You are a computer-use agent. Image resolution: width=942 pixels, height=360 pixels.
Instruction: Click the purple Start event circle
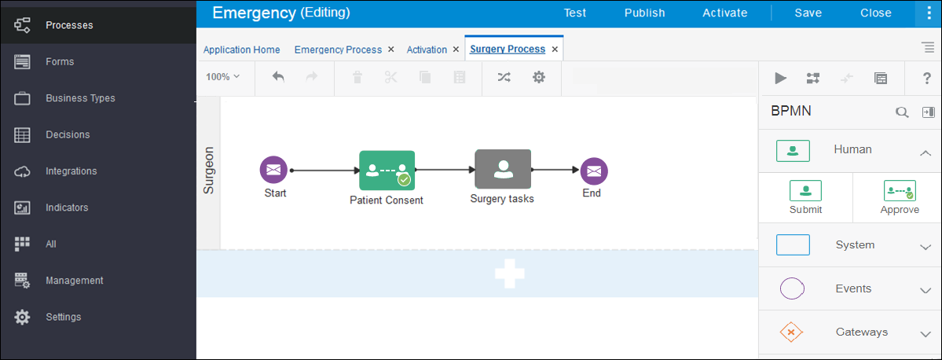[273, 170]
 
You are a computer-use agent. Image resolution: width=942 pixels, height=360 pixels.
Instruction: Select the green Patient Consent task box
[387, 170]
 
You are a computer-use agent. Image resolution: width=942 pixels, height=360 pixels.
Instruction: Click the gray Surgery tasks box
[503, 170]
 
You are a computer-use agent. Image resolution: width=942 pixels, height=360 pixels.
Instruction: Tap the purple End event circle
[593, 170]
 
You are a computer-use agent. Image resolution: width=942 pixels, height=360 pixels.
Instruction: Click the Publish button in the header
[644, 13]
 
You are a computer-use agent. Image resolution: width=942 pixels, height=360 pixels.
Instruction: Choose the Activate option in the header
[725, 13]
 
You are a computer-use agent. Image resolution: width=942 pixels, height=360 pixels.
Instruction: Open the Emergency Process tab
[339, 50]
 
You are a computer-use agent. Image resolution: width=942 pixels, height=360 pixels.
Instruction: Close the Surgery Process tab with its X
[555, 50]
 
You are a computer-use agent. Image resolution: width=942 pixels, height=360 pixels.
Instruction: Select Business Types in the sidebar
[80, 98]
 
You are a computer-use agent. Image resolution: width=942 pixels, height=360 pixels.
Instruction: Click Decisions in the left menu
[68, 134]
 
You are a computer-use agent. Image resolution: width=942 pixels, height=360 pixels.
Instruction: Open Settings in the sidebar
[64, 317]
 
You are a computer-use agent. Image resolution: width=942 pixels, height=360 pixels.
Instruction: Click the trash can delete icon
[357, 77]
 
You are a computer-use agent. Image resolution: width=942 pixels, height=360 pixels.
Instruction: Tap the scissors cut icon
[391, 77]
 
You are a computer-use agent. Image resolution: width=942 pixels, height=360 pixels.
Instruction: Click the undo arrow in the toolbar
[278, 76]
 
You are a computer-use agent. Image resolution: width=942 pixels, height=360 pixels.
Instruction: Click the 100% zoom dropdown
[223, 77]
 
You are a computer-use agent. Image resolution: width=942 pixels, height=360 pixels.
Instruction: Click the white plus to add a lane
[509, 274]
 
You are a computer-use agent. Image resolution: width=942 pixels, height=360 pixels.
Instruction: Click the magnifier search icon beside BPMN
[902, 112]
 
